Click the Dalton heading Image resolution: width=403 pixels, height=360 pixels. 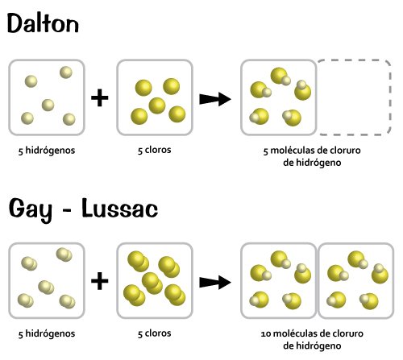click(43, 23)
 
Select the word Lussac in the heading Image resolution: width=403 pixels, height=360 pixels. click(120, 208)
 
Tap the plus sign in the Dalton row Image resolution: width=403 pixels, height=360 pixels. click(100, 97)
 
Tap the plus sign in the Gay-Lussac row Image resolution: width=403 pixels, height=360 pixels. click(100, 281)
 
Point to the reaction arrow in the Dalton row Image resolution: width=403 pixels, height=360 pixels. click(215, 99)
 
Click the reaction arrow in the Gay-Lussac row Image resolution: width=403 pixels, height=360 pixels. click(215, 283)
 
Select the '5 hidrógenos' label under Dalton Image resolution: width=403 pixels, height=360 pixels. click(47, 151)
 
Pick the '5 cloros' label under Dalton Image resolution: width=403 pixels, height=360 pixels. click(155, 150)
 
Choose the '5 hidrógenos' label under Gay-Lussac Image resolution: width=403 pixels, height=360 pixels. click(47, 334)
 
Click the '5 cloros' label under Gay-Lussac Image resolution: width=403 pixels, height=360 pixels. click(155, 333)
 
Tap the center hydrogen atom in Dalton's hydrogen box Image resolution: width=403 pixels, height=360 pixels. click(48, 105)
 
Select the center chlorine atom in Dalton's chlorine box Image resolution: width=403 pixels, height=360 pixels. click(157, 106)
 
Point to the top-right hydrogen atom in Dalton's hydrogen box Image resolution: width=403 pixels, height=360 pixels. click(66, 72)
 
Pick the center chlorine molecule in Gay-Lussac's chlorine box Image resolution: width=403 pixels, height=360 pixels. click(152, 283)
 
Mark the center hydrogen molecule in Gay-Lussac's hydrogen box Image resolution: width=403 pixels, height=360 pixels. click(46, 287)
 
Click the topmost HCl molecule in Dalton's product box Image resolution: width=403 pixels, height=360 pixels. click(280, 77)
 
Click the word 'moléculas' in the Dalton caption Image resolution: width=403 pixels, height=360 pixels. click(292, 151)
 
